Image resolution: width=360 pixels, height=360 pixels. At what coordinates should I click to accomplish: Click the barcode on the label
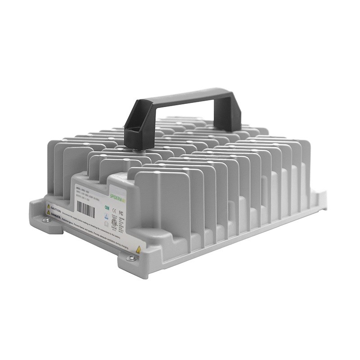click(85, 209)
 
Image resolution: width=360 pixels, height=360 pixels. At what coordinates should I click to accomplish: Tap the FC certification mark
click(121, 212)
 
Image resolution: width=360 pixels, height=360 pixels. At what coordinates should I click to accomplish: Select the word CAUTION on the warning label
click(56, 208)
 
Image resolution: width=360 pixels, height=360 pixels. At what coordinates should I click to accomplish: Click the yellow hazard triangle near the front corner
click(138, 249)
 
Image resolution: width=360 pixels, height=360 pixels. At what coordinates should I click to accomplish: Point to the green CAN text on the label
click(106, 207)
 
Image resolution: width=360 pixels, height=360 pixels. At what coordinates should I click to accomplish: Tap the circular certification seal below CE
click(114, 221)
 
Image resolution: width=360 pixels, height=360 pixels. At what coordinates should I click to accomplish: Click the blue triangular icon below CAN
click(106, 216)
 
